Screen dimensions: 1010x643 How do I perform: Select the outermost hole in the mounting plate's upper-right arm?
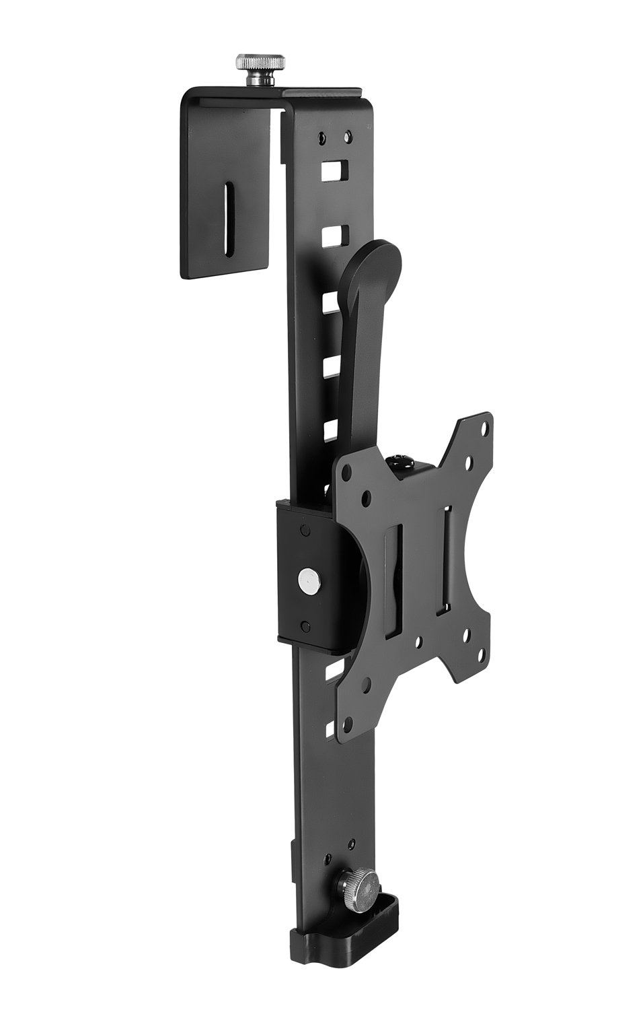coord(482,426)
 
